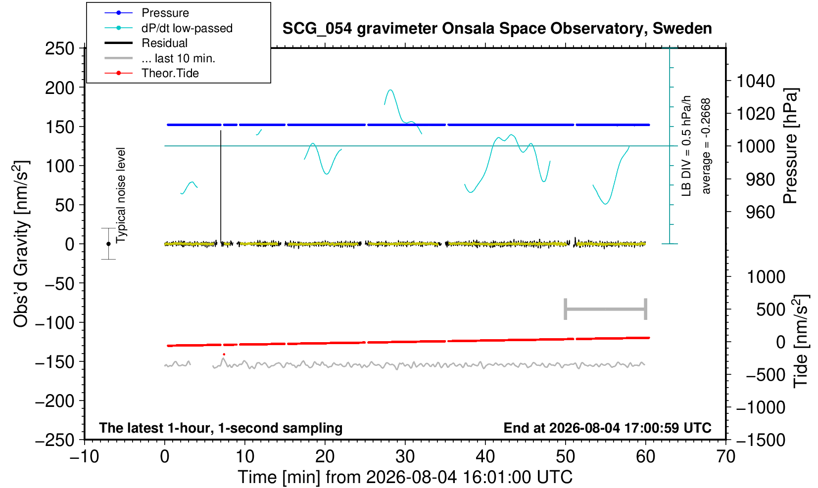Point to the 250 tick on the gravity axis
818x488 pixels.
pyautogui.click(x=59, y=48)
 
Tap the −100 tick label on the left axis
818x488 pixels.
pyautogui.click(x=54, y=323)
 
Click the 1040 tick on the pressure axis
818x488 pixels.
pyautogui.click(x=756, y=81)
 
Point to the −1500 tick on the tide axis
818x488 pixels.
pyautogui.click(x=761, y=440)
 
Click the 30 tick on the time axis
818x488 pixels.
pyautogui.click(x=405, y=457)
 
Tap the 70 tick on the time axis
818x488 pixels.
pyautogui.click(x=725, y=457)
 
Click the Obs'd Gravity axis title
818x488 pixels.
pyautogui.click(x=21, y=244)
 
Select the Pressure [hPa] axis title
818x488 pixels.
pyautogui.click(x=791, y=146)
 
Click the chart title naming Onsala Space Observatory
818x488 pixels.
pyautogui.click(x=497, y=29)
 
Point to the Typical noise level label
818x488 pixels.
pyautogui.click(x=121, y=196)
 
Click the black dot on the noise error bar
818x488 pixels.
pyautogui.click(x=108, y=244)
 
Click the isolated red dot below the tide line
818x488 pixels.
pyautogui.click(x=224, y=355)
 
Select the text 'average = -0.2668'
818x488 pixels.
pyautogui.click(x=706, y=146)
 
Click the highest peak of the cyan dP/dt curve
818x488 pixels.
pyautogui.click(x=390, y=90)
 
